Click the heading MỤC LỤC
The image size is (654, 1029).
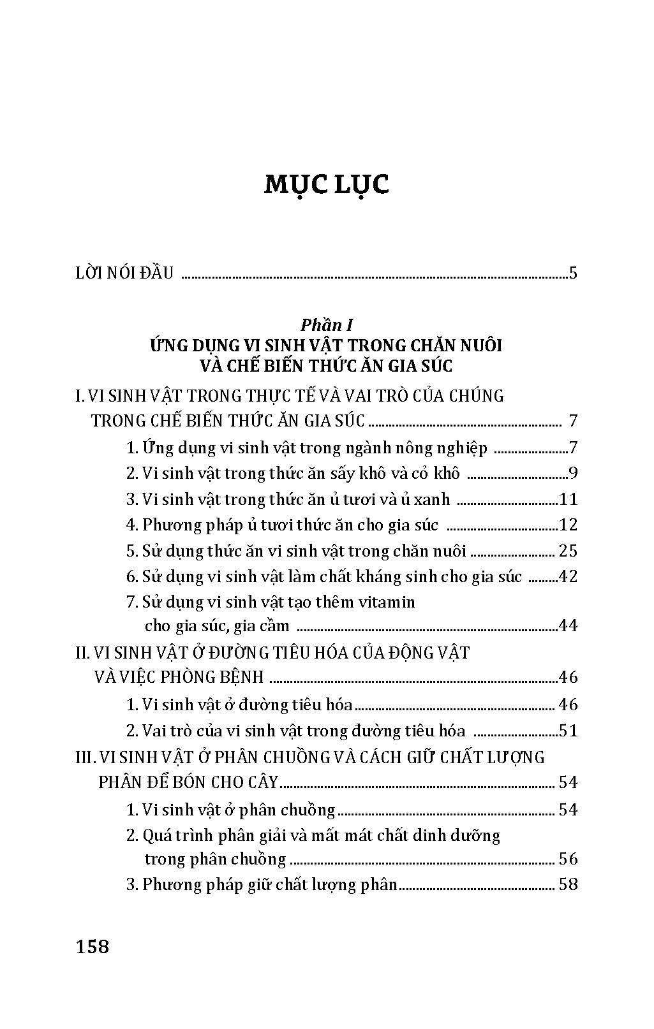tap(326, 185)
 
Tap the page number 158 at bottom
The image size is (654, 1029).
tap(93, 947)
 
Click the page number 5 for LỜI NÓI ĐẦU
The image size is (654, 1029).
tap(573, 274)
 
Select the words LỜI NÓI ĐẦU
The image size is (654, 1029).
tap(124, 274)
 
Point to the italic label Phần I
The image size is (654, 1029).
tap(327, 325)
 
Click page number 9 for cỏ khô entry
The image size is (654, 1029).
tap(573, 474)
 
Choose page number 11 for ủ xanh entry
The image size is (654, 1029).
tap(567, 500)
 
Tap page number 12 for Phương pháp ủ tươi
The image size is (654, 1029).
tap(567, 525)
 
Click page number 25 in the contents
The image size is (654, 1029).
tap(567, 551)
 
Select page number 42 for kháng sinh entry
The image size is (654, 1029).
tap(567, 577)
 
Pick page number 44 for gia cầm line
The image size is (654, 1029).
tap(567, 626)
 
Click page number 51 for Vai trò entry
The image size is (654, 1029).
tap(567, 731)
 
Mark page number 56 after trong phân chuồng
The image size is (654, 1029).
tap(567, 859)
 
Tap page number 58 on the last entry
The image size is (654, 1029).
tap(567, 885)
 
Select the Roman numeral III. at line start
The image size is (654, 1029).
tap(85, 757)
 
